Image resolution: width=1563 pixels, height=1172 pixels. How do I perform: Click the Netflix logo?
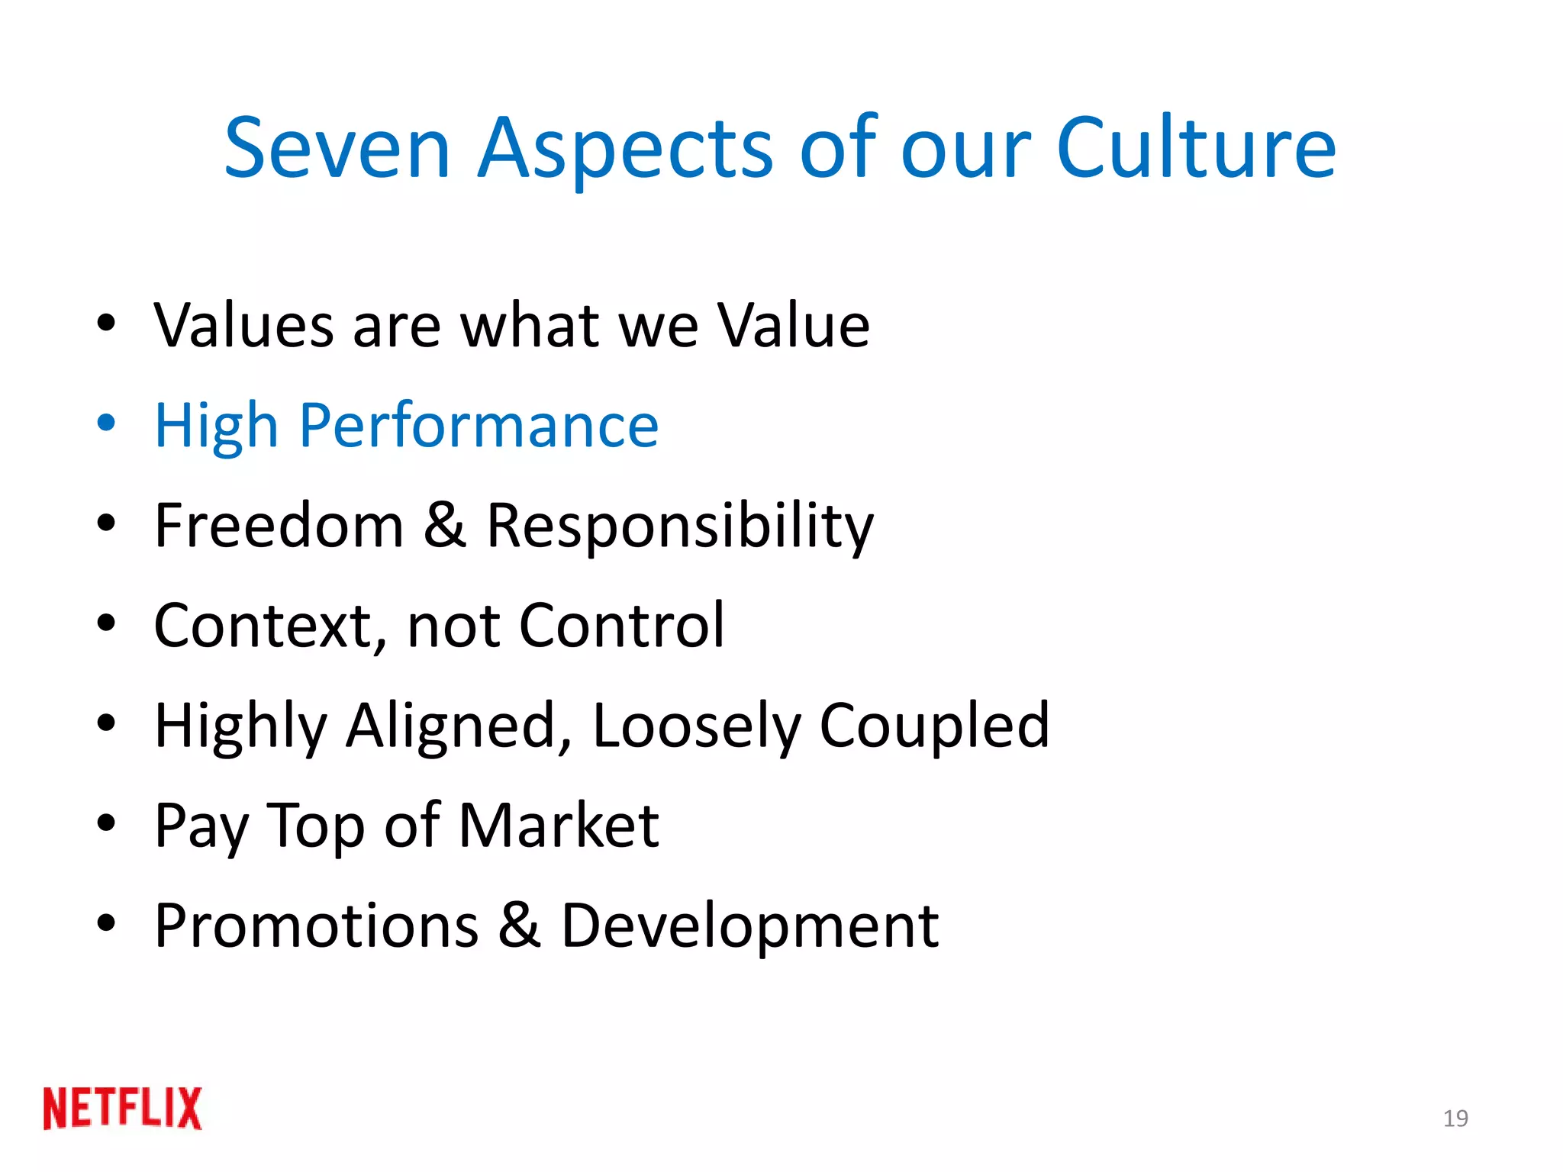tap(122, 1108)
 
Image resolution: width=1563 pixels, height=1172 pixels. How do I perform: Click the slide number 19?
tap(1455, 1119)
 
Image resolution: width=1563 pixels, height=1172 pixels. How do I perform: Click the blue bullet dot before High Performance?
tap(106, 422)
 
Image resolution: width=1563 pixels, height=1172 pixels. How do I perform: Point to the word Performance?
tap(479, 425)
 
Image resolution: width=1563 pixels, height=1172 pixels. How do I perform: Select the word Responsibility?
tap(680, 526)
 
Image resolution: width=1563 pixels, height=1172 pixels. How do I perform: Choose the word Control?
tap(621, 626)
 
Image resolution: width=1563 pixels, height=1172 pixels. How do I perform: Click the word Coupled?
tap(934, 726)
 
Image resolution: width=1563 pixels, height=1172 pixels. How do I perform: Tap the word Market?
tap(559, 826)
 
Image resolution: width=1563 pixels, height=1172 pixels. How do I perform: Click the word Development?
tap(750, 927)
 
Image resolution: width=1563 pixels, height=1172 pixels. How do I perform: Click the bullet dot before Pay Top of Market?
tap(106, 823)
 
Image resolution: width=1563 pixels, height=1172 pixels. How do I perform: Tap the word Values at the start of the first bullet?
tap(243, 326)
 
